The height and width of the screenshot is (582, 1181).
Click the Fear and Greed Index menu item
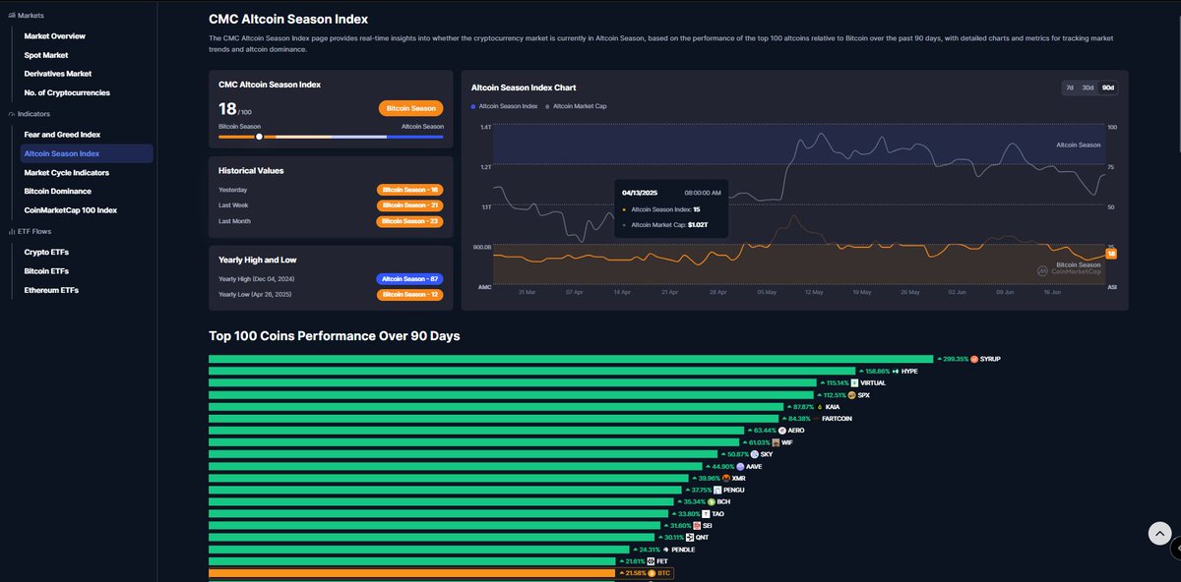[62, 134]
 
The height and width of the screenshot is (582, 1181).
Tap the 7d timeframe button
[1069, 87]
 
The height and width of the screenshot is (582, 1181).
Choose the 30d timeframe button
[1088, 87]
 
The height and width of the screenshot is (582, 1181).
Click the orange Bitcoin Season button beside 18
[410, 109]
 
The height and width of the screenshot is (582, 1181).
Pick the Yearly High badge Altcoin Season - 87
[409, 279]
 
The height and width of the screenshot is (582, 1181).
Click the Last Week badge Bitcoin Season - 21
[409, 205]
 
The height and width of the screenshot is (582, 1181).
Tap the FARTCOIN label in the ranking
[837, 419]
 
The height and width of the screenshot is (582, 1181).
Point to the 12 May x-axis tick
[814, 292]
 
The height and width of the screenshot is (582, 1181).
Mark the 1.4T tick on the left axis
[485, 128]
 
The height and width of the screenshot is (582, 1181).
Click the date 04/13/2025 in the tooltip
[641, 193]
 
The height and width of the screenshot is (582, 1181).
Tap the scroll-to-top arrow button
[1160, 533]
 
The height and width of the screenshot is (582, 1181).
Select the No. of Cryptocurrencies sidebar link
[67, 92]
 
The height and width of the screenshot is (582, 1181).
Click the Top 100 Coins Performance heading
[335, 336]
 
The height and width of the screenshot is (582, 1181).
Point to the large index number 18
[227, 108]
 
